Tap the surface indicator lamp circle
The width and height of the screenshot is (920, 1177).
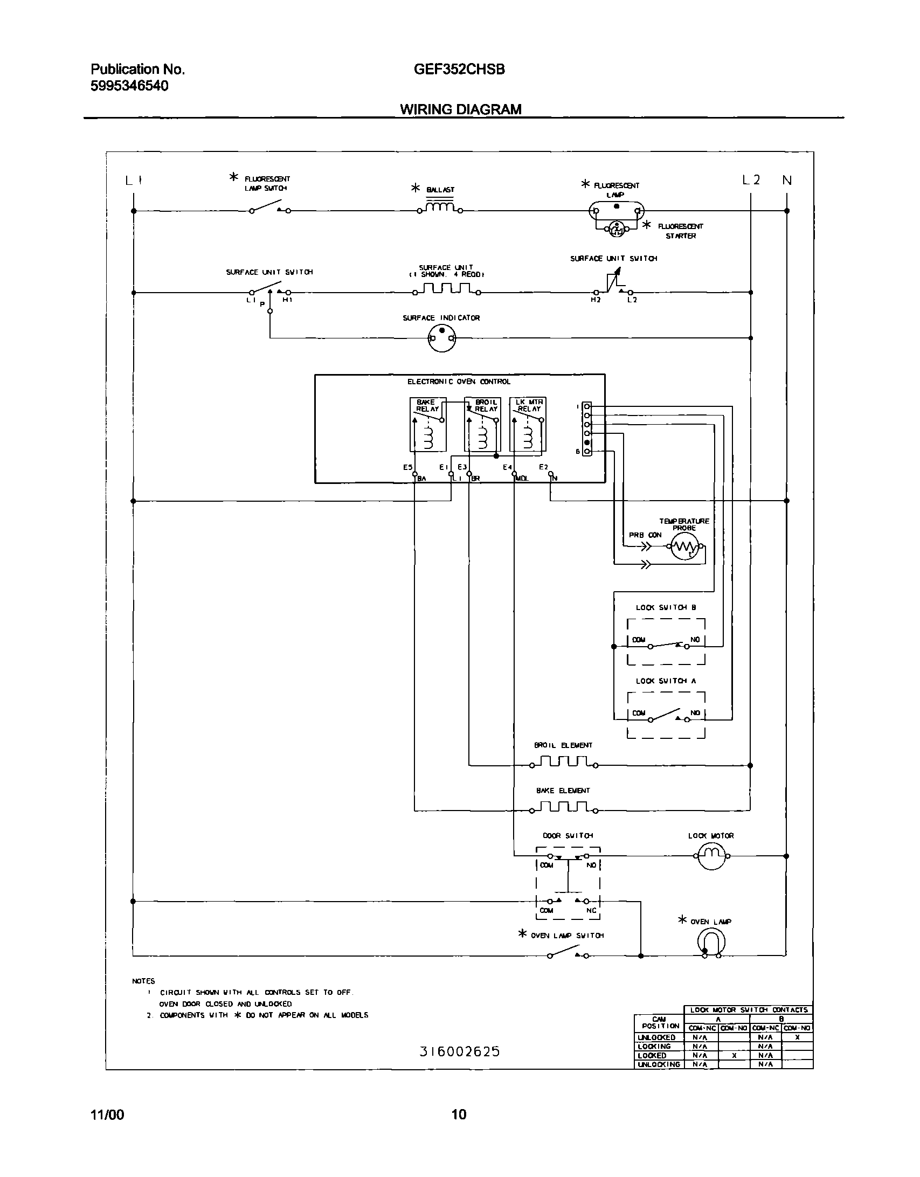pos(441,338)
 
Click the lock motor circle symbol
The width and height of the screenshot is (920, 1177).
pos(713,856)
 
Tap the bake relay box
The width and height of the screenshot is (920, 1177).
pos(428,425)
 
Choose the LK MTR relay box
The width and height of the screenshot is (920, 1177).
pos(528,425)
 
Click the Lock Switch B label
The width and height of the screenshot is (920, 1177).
pos(666,607)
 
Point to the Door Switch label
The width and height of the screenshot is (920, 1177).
pos(568,835)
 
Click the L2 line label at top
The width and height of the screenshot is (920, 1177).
pos(751,181)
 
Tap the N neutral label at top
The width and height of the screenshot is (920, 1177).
pos(787,181)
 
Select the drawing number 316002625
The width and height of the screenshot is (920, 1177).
pos(460,1051)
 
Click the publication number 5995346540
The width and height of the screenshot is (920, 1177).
pos(129,86)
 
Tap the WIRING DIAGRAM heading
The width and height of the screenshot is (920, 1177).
pos(460,109)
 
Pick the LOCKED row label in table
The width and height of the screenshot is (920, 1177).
pos(652,1055)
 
